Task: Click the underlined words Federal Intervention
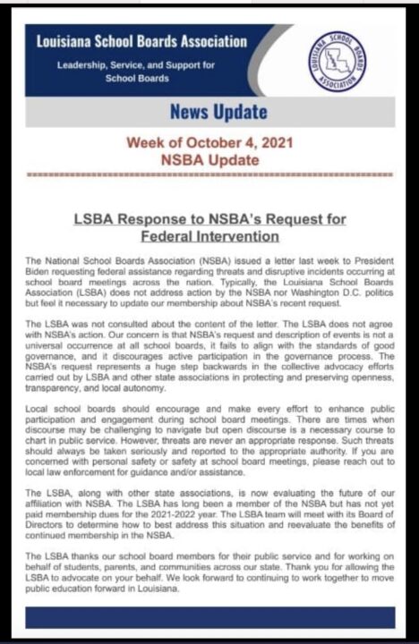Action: pyautogui.click(x=209, y=236)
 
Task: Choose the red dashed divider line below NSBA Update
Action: pyautogui.click(x=209, y=176)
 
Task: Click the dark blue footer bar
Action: pyautogui.click(x=209, y=617)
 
